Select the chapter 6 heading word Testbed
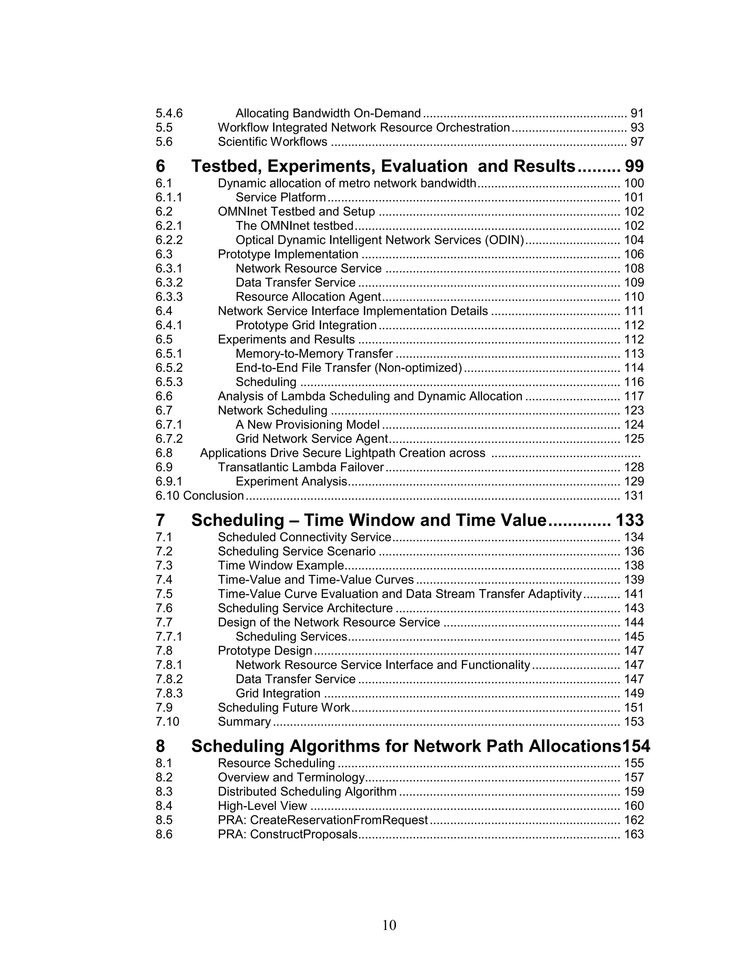tap(226, 166)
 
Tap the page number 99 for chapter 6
tap(634, 166)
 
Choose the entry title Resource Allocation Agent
tap(308, 297)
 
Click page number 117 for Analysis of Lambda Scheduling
tap(634, 396)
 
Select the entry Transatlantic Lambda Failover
tap(300, 468)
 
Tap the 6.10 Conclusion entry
tap(199, 496)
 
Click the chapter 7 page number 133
tap(629, 520)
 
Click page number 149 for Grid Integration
tap(634, 694)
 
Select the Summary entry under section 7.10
tap(244, 722)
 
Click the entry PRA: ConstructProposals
tap(288, 835)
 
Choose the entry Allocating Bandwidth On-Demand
tap(328, 113)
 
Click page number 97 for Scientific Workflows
tap(637, 142)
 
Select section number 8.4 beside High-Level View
tap(164, 806)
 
